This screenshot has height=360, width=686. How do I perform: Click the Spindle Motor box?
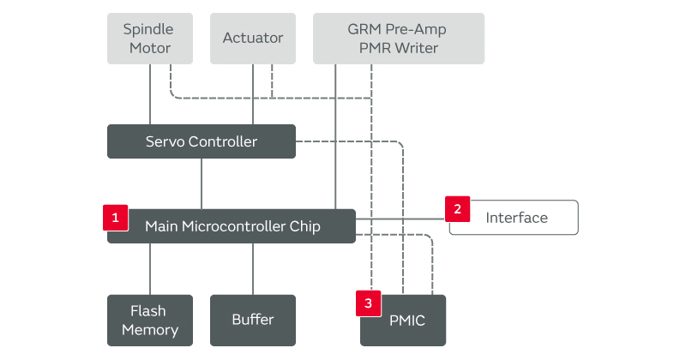[x=150, y=39]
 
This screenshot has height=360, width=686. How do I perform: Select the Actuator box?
[x=253, y=39]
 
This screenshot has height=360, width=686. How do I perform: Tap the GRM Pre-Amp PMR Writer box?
[x=399, y=39]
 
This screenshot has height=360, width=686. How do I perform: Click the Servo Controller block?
[x=202, y=141]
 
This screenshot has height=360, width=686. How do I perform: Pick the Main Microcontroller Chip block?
[x=232, y=226]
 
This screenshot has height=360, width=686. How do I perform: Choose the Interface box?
[x=514, y=218]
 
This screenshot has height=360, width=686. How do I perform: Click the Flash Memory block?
[x=150, y=321]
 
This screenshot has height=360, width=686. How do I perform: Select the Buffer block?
[x=253, y=321]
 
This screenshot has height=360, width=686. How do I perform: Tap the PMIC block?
[x=403, y=321]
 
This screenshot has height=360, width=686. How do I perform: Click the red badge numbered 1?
[x=116, y=218]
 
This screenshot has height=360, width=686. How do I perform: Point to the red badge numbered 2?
[x=458, y=209]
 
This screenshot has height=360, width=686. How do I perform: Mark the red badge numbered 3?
[x=369, y=303]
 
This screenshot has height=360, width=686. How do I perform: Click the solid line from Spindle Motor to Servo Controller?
[x=150, y=94]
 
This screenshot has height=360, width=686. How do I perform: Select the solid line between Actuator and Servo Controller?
[x=253, y=94]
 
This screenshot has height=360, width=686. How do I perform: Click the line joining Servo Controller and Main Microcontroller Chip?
[x=202, y=183]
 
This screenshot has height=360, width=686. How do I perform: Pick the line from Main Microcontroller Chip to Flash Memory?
[x=150, y=269]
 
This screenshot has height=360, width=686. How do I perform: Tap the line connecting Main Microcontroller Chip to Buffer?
[x=253, y=269]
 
